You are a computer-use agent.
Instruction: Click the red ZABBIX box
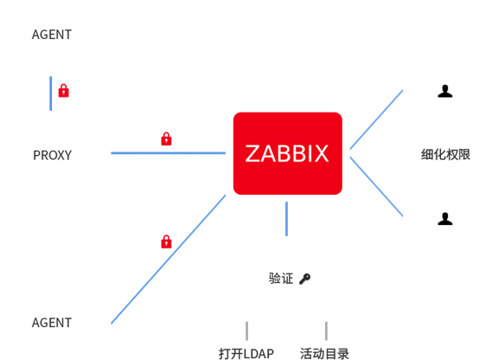click(287, 153)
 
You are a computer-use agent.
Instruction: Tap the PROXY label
click(52, 156)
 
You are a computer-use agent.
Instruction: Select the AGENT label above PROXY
click(52, 35)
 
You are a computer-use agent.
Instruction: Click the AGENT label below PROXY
click(52, 323)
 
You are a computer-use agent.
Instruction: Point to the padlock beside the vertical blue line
click(63, 91)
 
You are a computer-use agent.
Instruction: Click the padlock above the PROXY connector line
click(166, 138)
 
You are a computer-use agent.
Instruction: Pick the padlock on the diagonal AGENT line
click(166, 241)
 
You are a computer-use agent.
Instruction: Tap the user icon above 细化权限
click(445, 91)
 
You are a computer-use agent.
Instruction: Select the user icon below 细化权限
click(445, 219)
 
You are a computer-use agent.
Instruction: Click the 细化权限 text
click(445, 154)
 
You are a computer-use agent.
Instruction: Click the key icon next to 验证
click(305, 279)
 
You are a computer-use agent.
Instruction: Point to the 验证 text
click(281, 279)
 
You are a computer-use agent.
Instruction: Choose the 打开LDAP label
click(246, 354)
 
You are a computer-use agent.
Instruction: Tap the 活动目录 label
click(324, 354)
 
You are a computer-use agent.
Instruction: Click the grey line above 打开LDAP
click(246, 331)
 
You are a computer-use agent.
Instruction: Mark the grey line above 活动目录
click(326, 331)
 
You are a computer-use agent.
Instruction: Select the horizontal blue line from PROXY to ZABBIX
click(169, 153)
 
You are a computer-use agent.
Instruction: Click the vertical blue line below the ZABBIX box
click(286, 219)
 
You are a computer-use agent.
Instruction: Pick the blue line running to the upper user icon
click(376, 119)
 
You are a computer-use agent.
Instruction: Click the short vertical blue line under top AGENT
click(51, 93)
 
